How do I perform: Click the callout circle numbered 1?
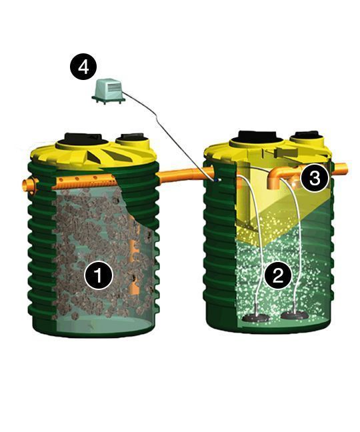click(x=99, y=275)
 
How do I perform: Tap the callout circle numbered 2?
click(x=277, y=275)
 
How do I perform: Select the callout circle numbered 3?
click(x=315, y=178)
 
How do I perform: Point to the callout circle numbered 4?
click(x=83, y=66)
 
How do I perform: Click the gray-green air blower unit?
click(x=108, y=91)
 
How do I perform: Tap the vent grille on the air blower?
click(x=113, y=87)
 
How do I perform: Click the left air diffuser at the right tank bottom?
click(x=255, y=318)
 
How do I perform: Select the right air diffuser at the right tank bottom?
click(x=295, y=315)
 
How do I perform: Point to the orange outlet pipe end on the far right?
click(x=341, y=169)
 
